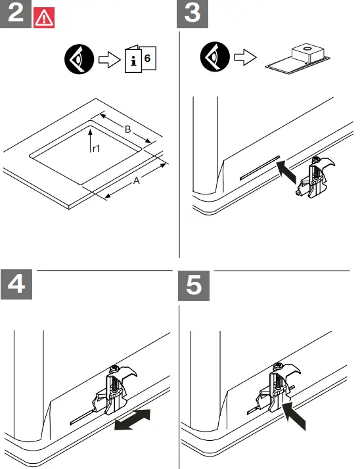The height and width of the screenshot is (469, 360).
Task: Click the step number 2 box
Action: pos(16,14)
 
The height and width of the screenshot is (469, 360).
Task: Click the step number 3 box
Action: pos(192,14)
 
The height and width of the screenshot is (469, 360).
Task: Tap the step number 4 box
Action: pos(16,284)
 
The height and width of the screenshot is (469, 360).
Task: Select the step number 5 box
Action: pos(194,285)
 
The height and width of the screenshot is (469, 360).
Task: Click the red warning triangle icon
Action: pos(44,18)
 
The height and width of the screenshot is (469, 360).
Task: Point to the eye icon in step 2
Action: pos(79,59)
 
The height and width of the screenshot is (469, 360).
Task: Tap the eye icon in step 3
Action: pos(215,57)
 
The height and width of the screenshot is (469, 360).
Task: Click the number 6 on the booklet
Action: pos(147,58)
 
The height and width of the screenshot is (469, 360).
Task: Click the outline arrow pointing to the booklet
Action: pos(110,60)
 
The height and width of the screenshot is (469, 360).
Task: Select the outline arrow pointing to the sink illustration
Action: pos(246,57)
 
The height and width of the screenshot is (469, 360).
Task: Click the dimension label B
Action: pos(128,129)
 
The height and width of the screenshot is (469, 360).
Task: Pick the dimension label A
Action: pos(137,181)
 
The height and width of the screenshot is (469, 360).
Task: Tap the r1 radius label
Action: pos(96,148)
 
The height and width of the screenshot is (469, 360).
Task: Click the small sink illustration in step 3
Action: pos(298,59)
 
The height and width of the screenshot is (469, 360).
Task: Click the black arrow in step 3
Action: pos(286,172)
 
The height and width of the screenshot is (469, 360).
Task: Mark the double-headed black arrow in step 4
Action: pos(133,420)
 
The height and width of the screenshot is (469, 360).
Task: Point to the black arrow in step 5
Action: pos(294,416)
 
